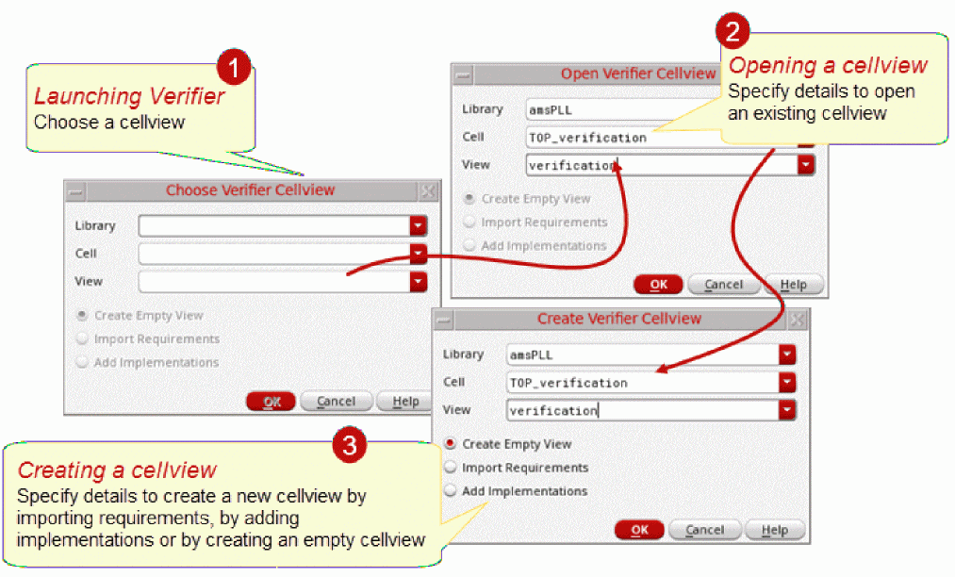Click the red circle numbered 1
pos(234,66)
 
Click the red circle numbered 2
pos(733,30)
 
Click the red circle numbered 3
pos(350,445)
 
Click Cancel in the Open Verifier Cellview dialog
pos(724,285)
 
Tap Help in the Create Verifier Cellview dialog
pos(775,530)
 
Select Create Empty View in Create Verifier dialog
pos(451,443)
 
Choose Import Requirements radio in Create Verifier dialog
pos(451,468)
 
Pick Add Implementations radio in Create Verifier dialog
pos(451,490)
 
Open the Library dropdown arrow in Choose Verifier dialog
pos(418,225)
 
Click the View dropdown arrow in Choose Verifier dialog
pos(418,282)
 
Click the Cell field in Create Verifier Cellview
pos(643,383)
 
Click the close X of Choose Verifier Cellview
pos(428,190)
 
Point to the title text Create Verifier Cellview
pos(618,319)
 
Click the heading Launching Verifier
pos(129,96)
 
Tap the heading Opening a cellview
pos(828,65)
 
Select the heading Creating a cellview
pos(116,470)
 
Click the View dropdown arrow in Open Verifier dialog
pos(806,164)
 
